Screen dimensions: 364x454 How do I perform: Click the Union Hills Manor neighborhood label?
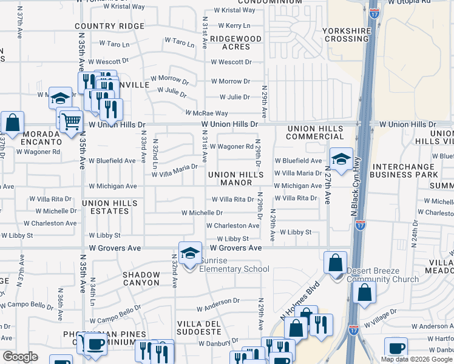point(236,178)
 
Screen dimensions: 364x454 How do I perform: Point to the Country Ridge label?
point(109,26)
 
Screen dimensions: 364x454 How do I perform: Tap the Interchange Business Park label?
point(405,170)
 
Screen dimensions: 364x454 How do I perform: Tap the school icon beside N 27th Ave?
point(341,160)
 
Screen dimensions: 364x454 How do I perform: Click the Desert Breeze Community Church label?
point(382,275)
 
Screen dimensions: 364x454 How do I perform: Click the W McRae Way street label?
point(206,113)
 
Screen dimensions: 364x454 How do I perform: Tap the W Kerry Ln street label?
point(229,26)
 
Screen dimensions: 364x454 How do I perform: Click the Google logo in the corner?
point(20,357)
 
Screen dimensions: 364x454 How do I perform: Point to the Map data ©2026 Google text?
point(416,359)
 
